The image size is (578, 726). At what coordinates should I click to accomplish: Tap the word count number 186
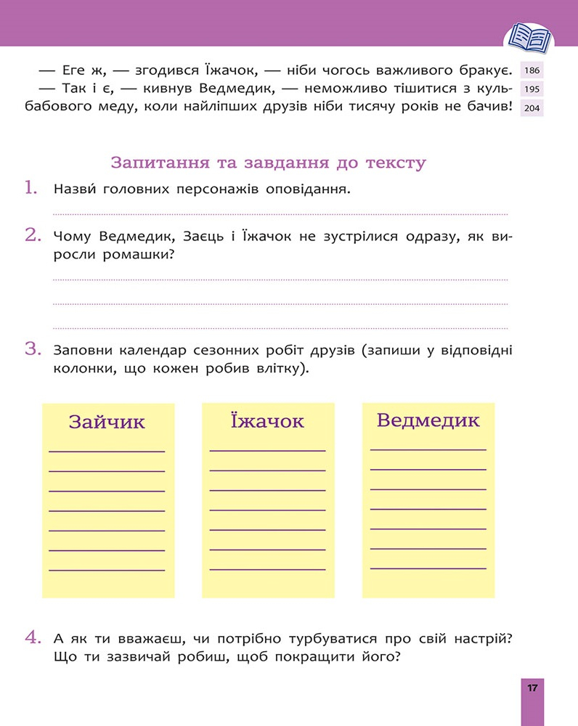click(x=532, y=71)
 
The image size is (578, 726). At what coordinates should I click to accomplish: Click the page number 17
click(x=532, y=688)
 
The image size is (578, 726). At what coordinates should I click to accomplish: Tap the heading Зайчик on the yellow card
click(x=107, y=423)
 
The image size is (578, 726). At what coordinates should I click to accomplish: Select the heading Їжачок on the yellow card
click(x=266, y=421)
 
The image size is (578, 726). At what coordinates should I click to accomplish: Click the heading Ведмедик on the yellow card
click(x=428, y=420)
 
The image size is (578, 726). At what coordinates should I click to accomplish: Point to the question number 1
click(x=30, y=189)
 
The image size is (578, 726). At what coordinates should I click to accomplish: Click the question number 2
click(x=31, y=234)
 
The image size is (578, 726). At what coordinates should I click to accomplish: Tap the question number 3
click(x=31, y=349)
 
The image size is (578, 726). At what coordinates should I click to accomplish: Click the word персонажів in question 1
click(x=217, y=190)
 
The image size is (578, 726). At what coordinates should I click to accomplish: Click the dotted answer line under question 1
click(x=280, y=214)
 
